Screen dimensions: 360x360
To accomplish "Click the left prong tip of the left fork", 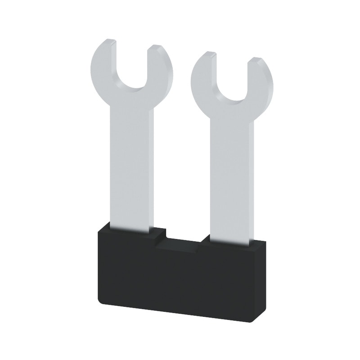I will pyautogui.click(x=108, y=43).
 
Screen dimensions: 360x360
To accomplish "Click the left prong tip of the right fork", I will pyautogui.click(x=207, y=55).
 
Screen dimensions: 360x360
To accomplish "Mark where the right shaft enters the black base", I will pyautogui.click(x=231, y=241).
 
